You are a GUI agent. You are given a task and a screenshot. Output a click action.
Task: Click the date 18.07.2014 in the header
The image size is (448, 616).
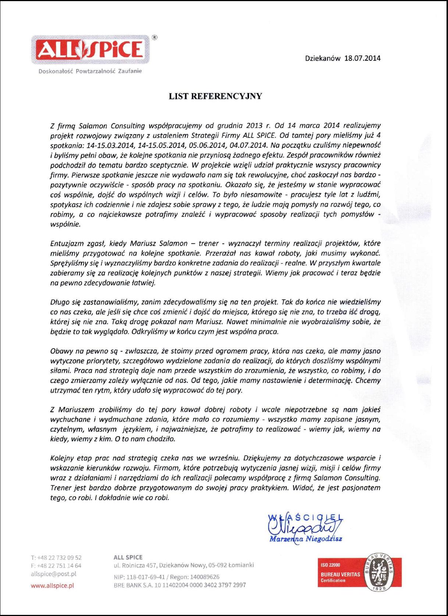pyautogui.click(x=362, y=58)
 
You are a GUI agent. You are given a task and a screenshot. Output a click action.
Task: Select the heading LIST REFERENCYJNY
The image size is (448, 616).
pyautogui.click(x=215, y=96)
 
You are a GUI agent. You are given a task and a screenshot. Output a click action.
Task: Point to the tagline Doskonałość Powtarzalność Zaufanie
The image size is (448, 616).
pyautogui.click(x=90, y=71)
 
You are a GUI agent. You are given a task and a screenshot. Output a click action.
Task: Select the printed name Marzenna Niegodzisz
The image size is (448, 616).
pyautogui.click(x=306, y=539)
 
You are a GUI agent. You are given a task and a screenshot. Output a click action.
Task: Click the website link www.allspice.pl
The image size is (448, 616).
pyautogui.click(x=53, y=585)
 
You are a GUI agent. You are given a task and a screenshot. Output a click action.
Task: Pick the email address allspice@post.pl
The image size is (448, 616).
pyautogui.click(x=54, y=574)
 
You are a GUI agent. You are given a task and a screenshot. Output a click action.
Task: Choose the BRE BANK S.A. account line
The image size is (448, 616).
pyautogui.click(x=180, y=585)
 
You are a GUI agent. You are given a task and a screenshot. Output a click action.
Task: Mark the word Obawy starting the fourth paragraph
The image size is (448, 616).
pyautogui.click(x=60, y=351)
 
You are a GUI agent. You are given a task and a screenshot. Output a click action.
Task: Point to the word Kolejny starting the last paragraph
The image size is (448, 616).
pyautogui.click(x=62, y=458)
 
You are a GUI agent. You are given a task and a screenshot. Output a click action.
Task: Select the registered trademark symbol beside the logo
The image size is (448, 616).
pyautogui.click(x=155, y=37)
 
